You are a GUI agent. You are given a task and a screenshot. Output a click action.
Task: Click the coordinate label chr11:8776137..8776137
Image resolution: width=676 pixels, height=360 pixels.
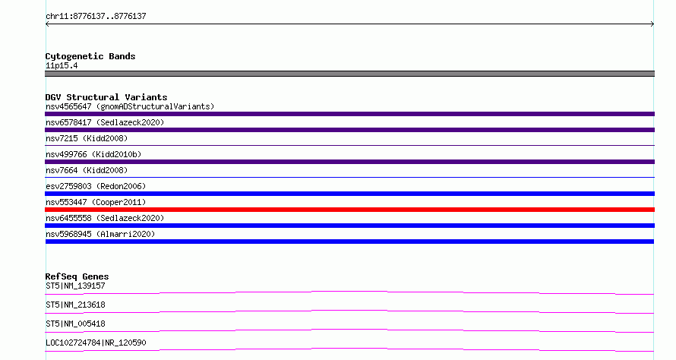tap(96, 17)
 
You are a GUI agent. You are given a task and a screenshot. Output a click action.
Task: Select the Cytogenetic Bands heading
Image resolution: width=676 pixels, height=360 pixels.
tap(90, 56)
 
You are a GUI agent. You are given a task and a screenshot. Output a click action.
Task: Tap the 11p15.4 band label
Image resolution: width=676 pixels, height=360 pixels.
tap(62, 65)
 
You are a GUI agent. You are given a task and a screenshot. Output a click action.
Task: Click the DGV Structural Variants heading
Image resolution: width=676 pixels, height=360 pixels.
tap(106, 97)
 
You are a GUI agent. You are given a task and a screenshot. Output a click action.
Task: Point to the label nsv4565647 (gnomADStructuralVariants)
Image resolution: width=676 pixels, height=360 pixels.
tap(130, 106)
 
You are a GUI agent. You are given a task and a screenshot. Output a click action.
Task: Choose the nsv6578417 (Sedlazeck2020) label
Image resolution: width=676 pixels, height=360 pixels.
tap(105, 122)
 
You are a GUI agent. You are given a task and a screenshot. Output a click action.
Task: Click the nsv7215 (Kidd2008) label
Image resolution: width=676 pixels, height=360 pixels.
tap(87, 138)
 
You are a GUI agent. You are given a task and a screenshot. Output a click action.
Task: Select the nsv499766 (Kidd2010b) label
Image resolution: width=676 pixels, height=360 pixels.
tap(93, 154)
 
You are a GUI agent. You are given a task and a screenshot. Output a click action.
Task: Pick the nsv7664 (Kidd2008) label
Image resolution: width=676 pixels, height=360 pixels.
tap(87, 170)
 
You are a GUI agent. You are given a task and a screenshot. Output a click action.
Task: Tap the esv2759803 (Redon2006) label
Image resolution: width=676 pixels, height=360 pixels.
tap(96, 186)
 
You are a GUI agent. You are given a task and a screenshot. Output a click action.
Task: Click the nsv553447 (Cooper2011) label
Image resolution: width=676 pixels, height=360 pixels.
tap(96, 202)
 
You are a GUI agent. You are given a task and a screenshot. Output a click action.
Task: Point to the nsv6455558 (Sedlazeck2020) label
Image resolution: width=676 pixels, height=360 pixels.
tap(105, 218)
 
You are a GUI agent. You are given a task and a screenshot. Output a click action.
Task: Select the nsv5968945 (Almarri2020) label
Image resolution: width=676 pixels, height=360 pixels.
tap(100, 234)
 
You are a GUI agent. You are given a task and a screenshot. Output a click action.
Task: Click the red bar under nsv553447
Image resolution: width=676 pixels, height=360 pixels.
tap(349, 210)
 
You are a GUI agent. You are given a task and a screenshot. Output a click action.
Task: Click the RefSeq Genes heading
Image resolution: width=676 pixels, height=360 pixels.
tap(77, 276)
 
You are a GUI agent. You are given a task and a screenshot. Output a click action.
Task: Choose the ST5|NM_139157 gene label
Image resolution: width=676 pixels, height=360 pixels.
tap(75, 286)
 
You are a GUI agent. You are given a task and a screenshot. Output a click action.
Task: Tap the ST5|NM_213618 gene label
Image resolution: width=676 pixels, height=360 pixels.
tap(75, 305)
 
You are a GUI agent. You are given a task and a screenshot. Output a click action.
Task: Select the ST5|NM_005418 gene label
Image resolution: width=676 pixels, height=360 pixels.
tap(75, 324)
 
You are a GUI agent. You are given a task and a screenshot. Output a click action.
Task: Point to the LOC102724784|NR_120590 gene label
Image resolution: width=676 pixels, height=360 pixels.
tap(96, 343)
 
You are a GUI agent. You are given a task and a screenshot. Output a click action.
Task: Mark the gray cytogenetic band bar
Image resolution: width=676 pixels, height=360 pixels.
tap(349, 74)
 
